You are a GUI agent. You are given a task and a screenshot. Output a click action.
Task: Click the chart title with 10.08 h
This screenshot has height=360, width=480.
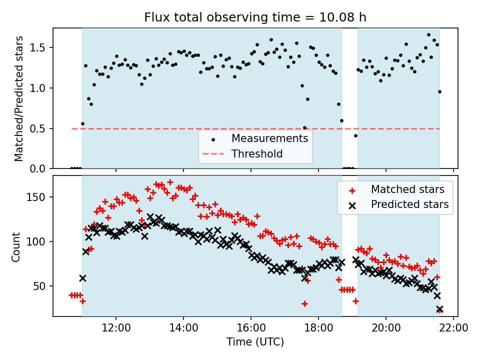255,17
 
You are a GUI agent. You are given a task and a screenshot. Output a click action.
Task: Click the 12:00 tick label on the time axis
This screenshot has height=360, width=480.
116,328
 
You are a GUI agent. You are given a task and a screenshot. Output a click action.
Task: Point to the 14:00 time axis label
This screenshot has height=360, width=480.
183,328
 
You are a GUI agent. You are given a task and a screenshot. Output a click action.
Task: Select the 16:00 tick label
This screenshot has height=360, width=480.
251,328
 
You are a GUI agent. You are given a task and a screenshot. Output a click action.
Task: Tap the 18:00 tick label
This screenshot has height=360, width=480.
318,328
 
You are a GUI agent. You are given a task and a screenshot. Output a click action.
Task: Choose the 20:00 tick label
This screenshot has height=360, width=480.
386,328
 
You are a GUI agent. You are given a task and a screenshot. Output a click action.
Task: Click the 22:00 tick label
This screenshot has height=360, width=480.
453,328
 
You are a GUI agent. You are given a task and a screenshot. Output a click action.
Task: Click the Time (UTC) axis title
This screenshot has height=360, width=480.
255,341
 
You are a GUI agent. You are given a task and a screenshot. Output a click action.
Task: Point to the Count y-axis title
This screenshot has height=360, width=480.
15,247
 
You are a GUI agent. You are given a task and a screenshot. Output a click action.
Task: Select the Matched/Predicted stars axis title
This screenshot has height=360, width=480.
18,98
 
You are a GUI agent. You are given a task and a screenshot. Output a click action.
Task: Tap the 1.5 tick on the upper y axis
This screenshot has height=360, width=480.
37,48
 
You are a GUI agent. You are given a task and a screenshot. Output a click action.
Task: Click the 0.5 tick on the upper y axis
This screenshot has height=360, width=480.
37,128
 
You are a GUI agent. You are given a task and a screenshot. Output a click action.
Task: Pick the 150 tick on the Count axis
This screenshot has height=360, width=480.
35,197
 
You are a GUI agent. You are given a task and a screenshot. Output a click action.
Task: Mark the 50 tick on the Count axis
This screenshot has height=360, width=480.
39,286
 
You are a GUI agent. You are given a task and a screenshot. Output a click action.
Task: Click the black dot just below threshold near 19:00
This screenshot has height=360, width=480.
355,135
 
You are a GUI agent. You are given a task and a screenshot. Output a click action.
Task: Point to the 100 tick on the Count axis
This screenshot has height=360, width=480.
35,242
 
